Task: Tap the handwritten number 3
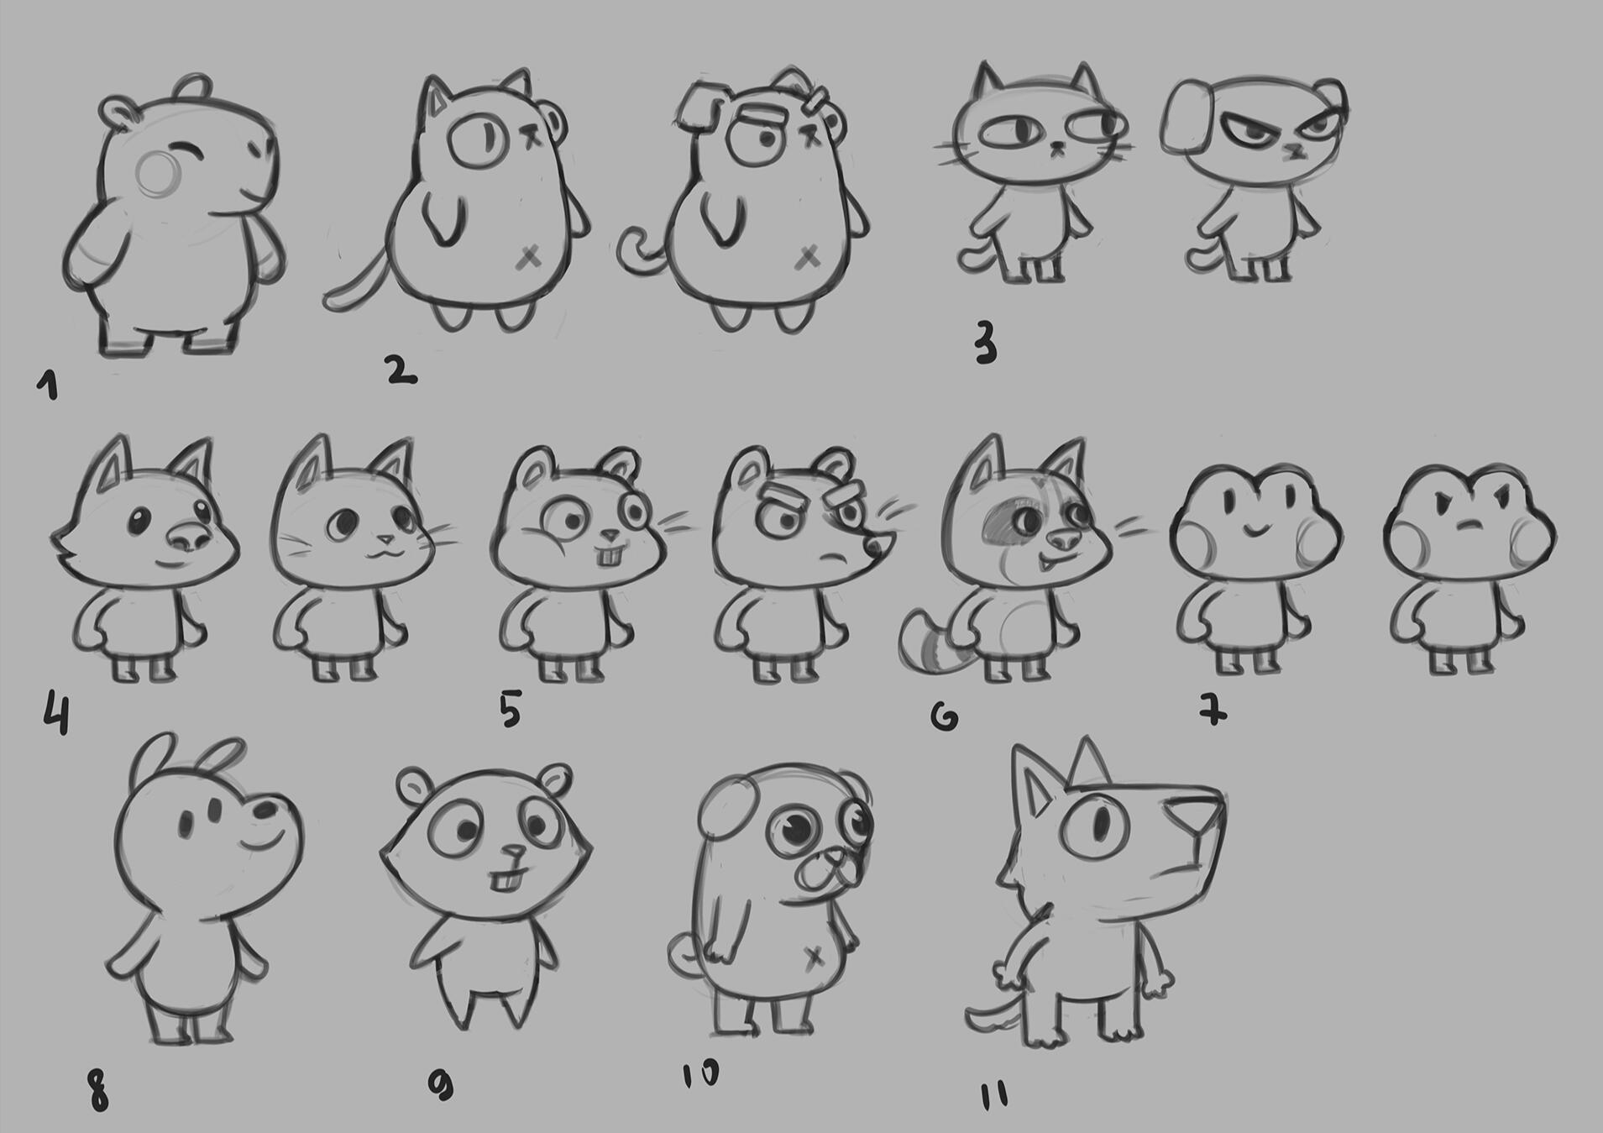986,343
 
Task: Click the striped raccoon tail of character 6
928,643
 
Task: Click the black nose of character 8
269,809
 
